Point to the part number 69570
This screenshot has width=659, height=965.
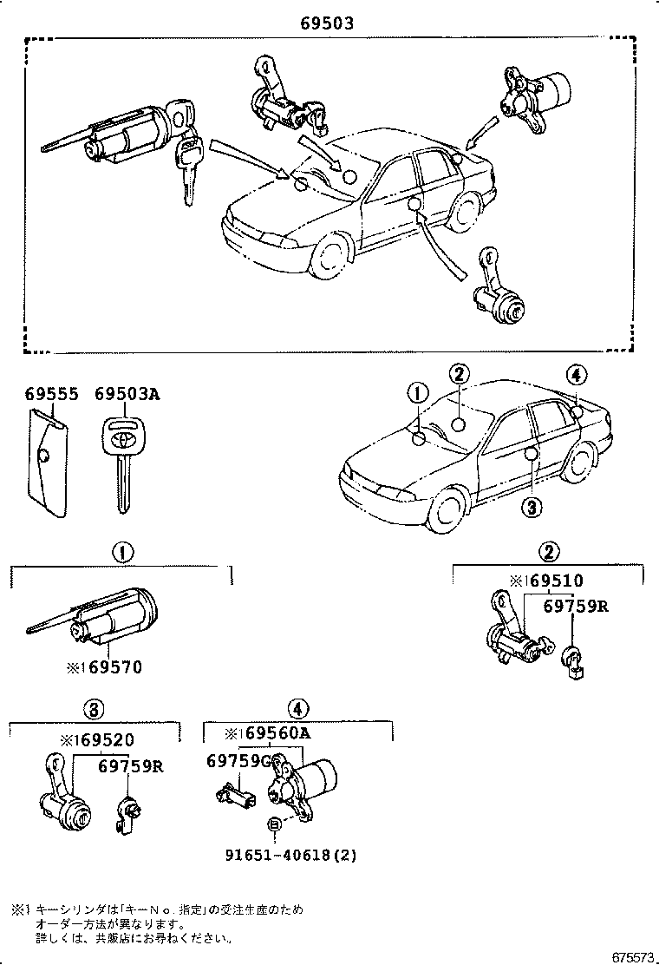coord(103,667)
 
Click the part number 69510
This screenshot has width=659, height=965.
coord(546,581)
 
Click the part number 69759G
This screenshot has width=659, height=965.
coord(239,760)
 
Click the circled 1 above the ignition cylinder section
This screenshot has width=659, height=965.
coord(121,550)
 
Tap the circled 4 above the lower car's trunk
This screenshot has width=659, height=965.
coord(577,375)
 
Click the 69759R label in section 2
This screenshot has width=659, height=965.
coord(576,606)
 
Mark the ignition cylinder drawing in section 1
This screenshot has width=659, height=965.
coord(113,620)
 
